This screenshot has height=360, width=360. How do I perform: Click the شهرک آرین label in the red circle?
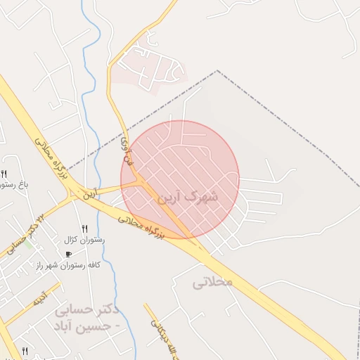[x=191, y=197]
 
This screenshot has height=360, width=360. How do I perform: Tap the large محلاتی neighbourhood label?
[x=212, y=282]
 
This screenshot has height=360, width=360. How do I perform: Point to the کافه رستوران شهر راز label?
[x=68, y=265]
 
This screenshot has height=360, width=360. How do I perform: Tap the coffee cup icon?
[x=68, y=254]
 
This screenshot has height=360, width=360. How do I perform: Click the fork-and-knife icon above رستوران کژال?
[x=84, y=229]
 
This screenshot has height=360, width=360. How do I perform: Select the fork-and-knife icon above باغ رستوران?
[x=4, y=174]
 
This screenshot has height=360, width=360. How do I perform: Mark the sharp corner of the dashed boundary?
[x=218, y=71]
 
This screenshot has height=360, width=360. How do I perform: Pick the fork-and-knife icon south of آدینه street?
[x=25, y=350]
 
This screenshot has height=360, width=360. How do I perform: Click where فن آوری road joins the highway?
[x=141, y=181]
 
